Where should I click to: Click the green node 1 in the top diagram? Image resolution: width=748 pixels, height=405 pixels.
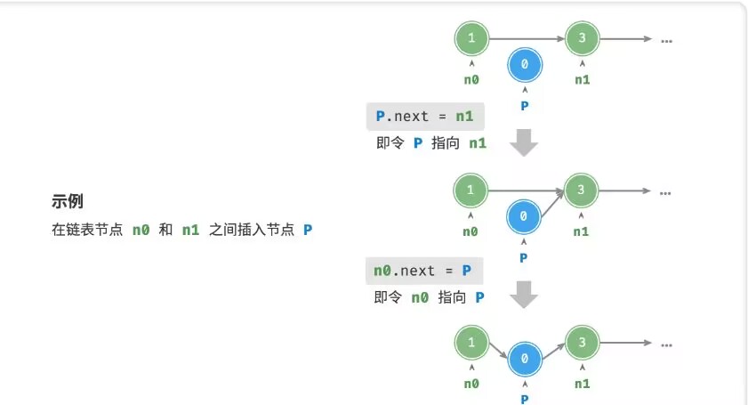[x=471, y=38]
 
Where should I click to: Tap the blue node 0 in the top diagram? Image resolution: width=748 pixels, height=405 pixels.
[x=524, y=64]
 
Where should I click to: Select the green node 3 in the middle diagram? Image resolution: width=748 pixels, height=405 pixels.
[x=581, y=190]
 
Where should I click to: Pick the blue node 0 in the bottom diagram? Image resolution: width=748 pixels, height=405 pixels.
[x=525, y=357]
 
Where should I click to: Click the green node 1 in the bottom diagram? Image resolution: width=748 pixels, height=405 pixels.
[x=471, y=341]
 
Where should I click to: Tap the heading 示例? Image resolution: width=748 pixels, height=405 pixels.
[x=68, y=201]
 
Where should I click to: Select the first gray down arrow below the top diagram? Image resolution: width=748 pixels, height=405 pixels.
[x=526, y=142]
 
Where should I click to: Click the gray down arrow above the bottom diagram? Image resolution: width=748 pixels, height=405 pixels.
[x=526, y=296]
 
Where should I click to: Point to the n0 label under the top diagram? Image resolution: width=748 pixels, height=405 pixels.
[x=471, y=79]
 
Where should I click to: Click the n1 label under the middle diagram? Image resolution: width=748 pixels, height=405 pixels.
[x=581, y=231]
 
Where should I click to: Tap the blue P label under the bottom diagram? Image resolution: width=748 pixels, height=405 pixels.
[x=525, y=399]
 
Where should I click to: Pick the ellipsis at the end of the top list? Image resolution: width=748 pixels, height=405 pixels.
[x=666, y=39]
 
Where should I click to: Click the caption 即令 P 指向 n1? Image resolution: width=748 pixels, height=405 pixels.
[x=431, y=143]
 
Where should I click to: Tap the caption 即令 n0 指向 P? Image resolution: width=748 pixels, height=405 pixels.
[x=430, y=297]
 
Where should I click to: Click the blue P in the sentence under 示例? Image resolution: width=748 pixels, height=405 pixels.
[x=308, y=230]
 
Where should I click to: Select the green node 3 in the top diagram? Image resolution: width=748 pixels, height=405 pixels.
[x=582, y=38]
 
